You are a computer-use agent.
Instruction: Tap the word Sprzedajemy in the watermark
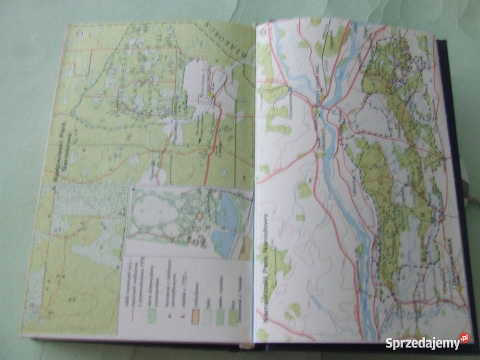coord(422,343)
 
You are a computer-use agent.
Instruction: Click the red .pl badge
coord(465,338)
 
